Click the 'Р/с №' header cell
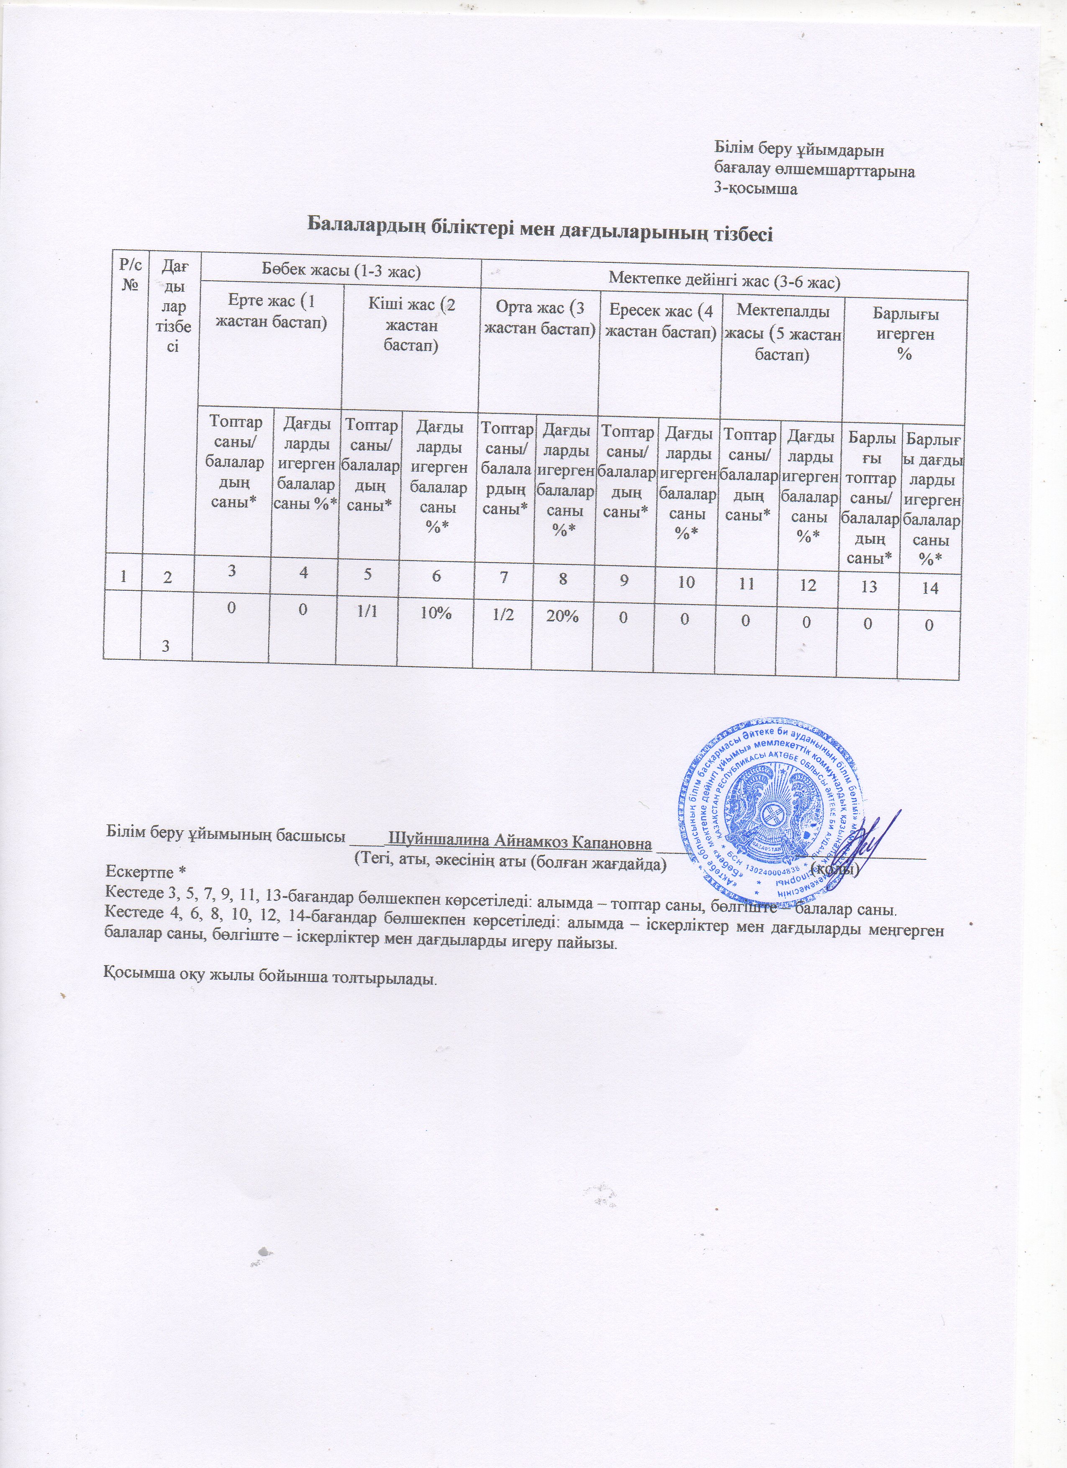[x=125, y=274]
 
